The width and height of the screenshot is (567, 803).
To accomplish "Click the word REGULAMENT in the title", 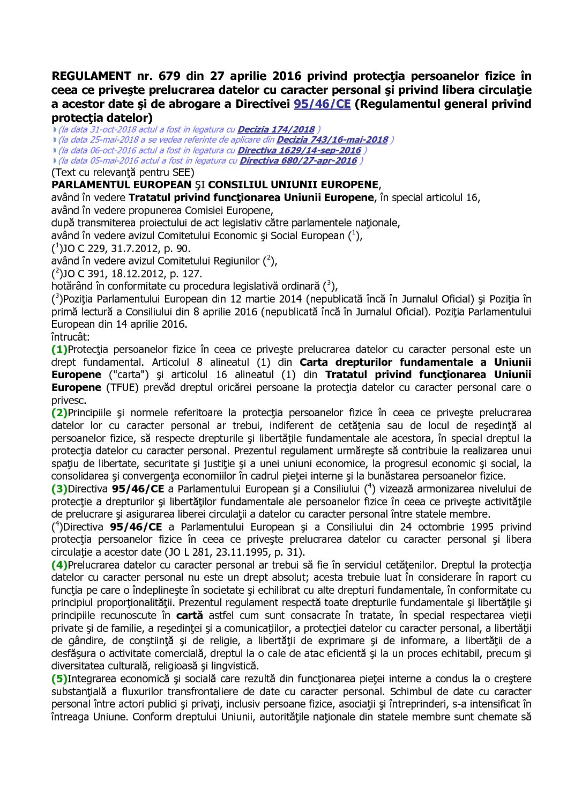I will pyautogui.click(x=91, y=76).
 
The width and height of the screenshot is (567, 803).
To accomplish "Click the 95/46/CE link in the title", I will pyautogui.click(x=322, y=104).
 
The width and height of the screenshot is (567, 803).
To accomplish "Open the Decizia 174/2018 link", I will pyautogui.click(x=276, y=129).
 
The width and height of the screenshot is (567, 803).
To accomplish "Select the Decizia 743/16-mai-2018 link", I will pyautogui.click(x=332, y=139).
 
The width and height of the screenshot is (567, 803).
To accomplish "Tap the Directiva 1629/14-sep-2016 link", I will pyautogui.click(x=299, y=150).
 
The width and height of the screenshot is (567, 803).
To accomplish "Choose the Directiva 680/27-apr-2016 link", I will pyautogui.click(x=298, y=160).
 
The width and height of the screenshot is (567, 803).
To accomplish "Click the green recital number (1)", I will pyautogui.click(x=59, y=349).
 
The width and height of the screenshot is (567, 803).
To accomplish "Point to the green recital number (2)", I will pyautogui.click(x=59, y=412).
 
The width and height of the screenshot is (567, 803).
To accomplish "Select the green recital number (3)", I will pyautogui.click(x=59, y=489).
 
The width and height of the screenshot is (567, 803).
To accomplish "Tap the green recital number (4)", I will pyautogui.click(x=59, y=565).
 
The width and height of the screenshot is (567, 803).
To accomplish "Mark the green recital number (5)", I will pyautogui.click(x=59, y=679).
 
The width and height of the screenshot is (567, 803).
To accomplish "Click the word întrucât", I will pyautogui.click(x=71, y=337).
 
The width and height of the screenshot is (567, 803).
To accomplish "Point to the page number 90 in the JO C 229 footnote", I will pyautogui.click(x=184, y=248).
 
